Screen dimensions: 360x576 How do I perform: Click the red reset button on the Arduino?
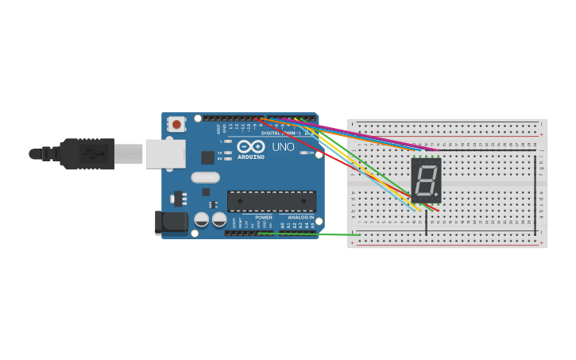176,124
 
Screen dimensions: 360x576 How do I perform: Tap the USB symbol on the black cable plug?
92,153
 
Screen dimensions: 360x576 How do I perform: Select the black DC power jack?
171,223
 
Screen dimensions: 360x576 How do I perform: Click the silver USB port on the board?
165,153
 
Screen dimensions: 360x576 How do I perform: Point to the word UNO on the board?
284,147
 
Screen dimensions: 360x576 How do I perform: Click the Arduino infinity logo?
251,147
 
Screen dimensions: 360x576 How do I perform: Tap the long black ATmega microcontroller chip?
272,201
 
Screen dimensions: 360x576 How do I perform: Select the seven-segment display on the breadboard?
426,180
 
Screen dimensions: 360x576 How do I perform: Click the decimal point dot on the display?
436,195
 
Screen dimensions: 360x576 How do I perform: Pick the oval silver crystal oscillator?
205,178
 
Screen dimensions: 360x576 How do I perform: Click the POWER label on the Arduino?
264,217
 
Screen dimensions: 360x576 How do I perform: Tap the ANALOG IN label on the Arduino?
300,217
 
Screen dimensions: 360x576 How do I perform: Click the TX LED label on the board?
220,153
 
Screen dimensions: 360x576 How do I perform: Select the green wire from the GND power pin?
318,234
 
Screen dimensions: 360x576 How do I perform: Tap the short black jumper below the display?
427,222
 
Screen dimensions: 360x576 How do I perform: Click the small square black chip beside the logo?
207,157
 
